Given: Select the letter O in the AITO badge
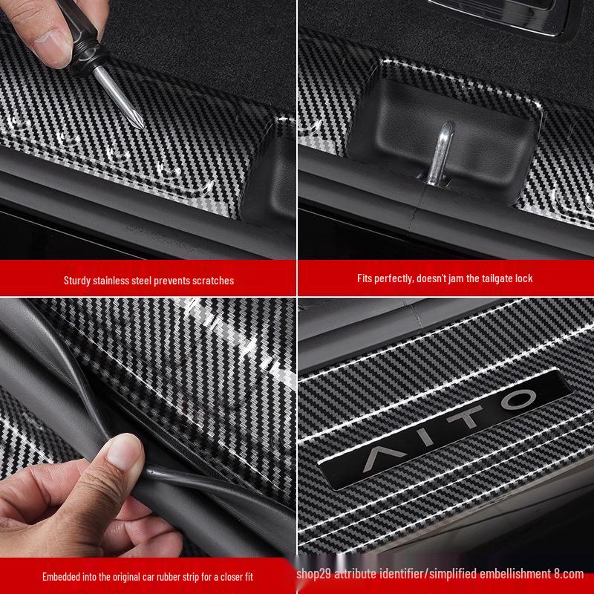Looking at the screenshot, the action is (x=518, y=400).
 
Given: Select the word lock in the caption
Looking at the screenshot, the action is (x=524, y=278).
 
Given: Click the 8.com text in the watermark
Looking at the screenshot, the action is (x=569, y=574).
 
